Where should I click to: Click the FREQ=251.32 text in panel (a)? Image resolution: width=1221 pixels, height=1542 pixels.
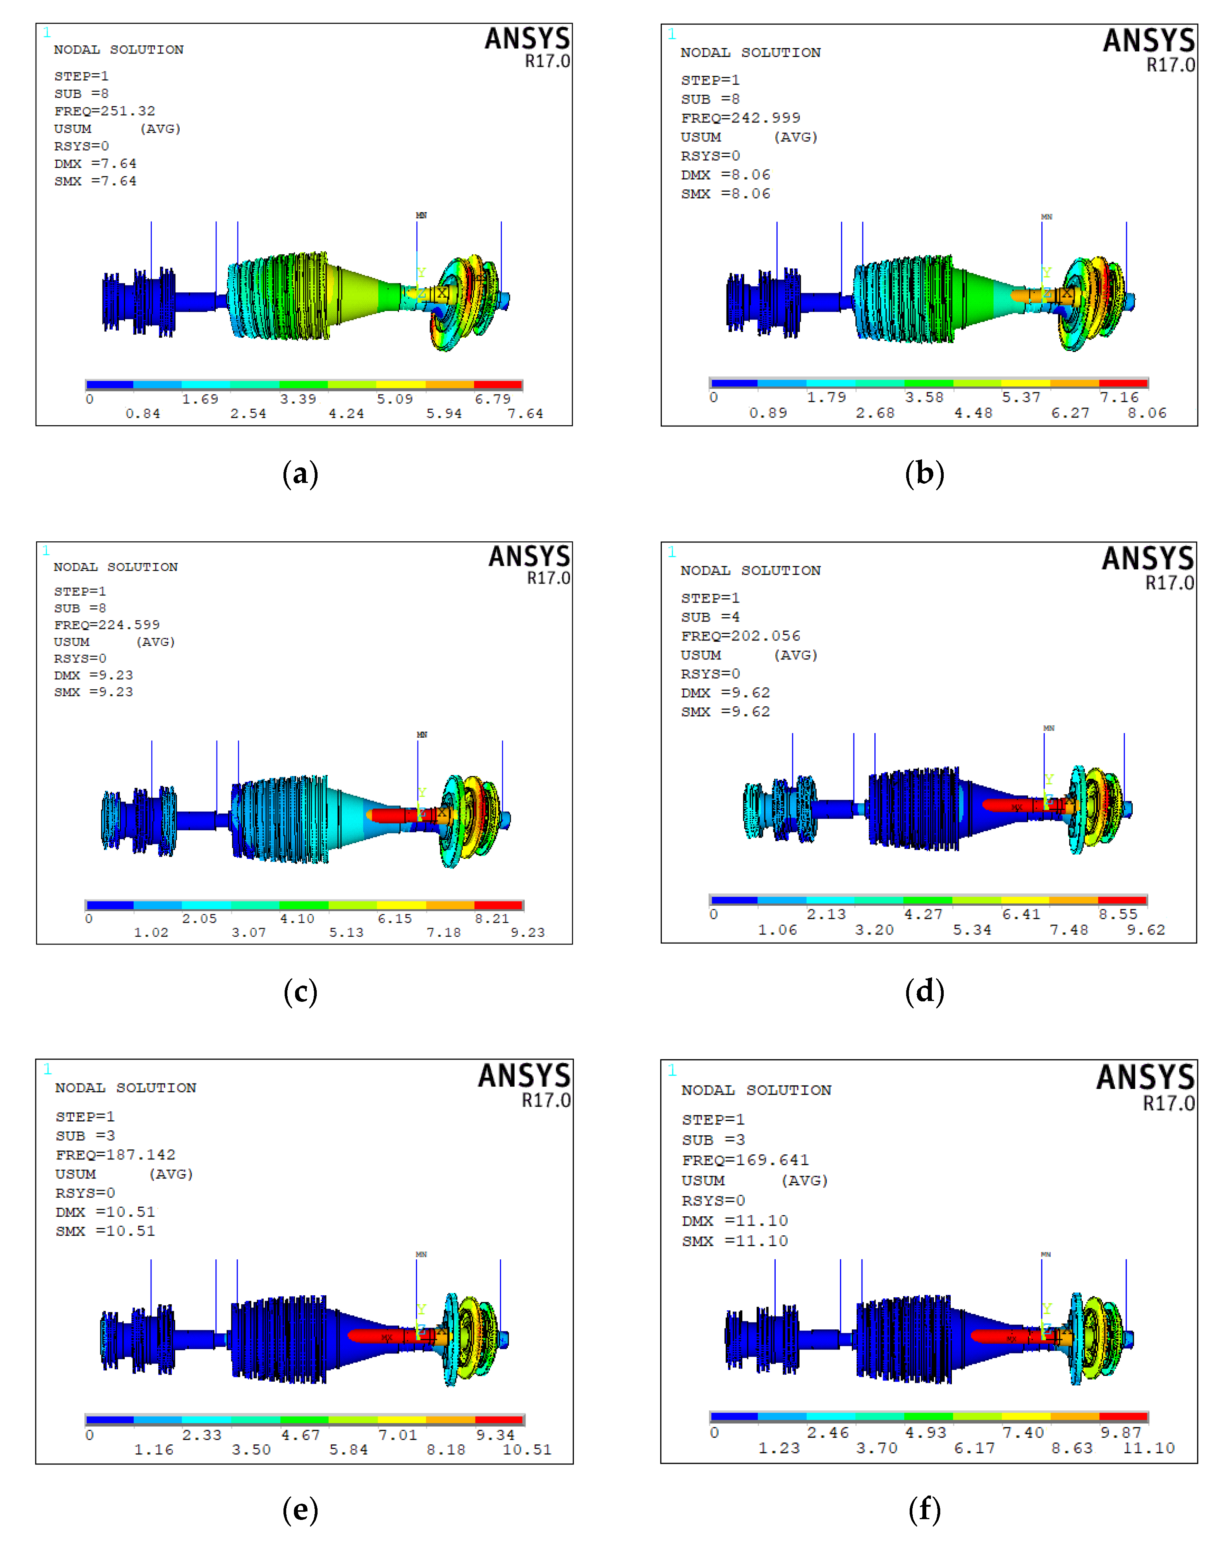tap(105, 111)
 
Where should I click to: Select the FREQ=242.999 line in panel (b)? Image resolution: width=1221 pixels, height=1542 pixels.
tap(740, 118)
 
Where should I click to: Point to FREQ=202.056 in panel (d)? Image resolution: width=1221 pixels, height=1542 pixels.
tap(740, 635)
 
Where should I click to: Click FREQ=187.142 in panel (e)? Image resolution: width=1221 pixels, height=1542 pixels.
tap(115, 1154)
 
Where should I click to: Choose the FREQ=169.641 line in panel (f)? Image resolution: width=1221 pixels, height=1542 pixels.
tap(745, 1159)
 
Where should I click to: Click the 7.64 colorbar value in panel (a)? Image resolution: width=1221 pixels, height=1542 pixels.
tap(525, 414)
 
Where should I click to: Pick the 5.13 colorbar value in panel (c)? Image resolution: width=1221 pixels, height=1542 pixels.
tap(346, 932)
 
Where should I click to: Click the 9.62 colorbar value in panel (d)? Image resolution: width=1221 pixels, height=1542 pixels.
tap(1146, 929)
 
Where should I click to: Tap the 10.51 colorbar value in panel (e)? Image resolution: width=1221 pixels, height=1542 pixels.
tap(527, 1449)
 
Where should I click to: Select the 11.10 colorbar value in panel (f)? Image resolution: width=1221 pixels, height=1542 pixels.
tap(1149, 1448)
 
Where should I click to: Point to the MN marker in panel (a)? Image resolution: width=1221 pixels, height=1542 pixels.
tap(421, 215)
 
